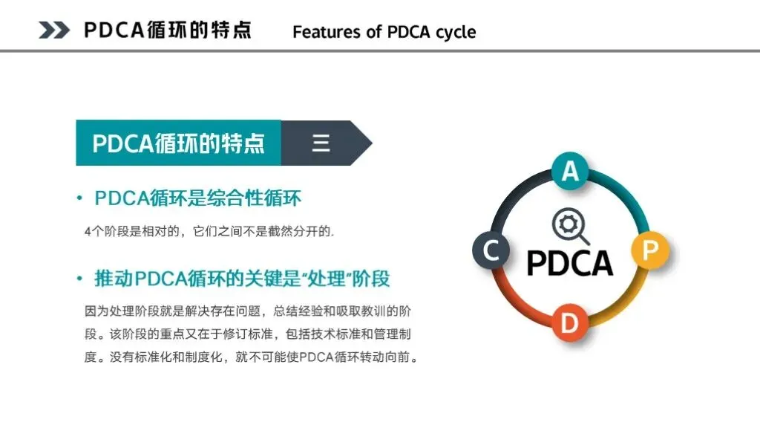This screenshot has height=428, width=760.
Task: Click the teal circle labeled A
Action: [x=569, y=172]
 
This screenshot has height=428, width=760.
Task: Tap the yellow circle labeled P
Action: [x=649, y=250]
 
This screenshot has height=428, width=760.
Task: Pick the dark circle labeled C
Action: [x=491, y=250]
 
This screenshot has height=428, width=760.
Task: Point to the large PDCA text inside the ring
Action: [x=570, y=263]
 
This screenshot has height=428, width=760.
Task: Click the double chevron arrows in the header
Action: [x=54, y=30]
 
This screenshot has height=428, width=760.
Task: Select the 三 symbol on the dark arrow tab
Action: [x=321, y=143]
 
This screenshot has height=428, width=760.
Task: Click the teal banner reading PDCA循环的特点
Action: [x=178, y=143]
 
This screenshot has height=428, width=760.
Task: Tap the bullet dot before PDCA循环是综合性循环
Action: [x=79, y=198]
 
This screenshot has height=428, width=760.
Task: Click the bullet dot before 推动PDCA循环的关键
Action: [x=79, y=279]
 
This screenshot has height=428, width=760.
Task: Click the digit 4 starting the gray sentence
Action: [x=88, y=231]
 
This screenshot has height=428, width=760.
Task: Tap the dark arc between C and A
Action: [x=517, y=194]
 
